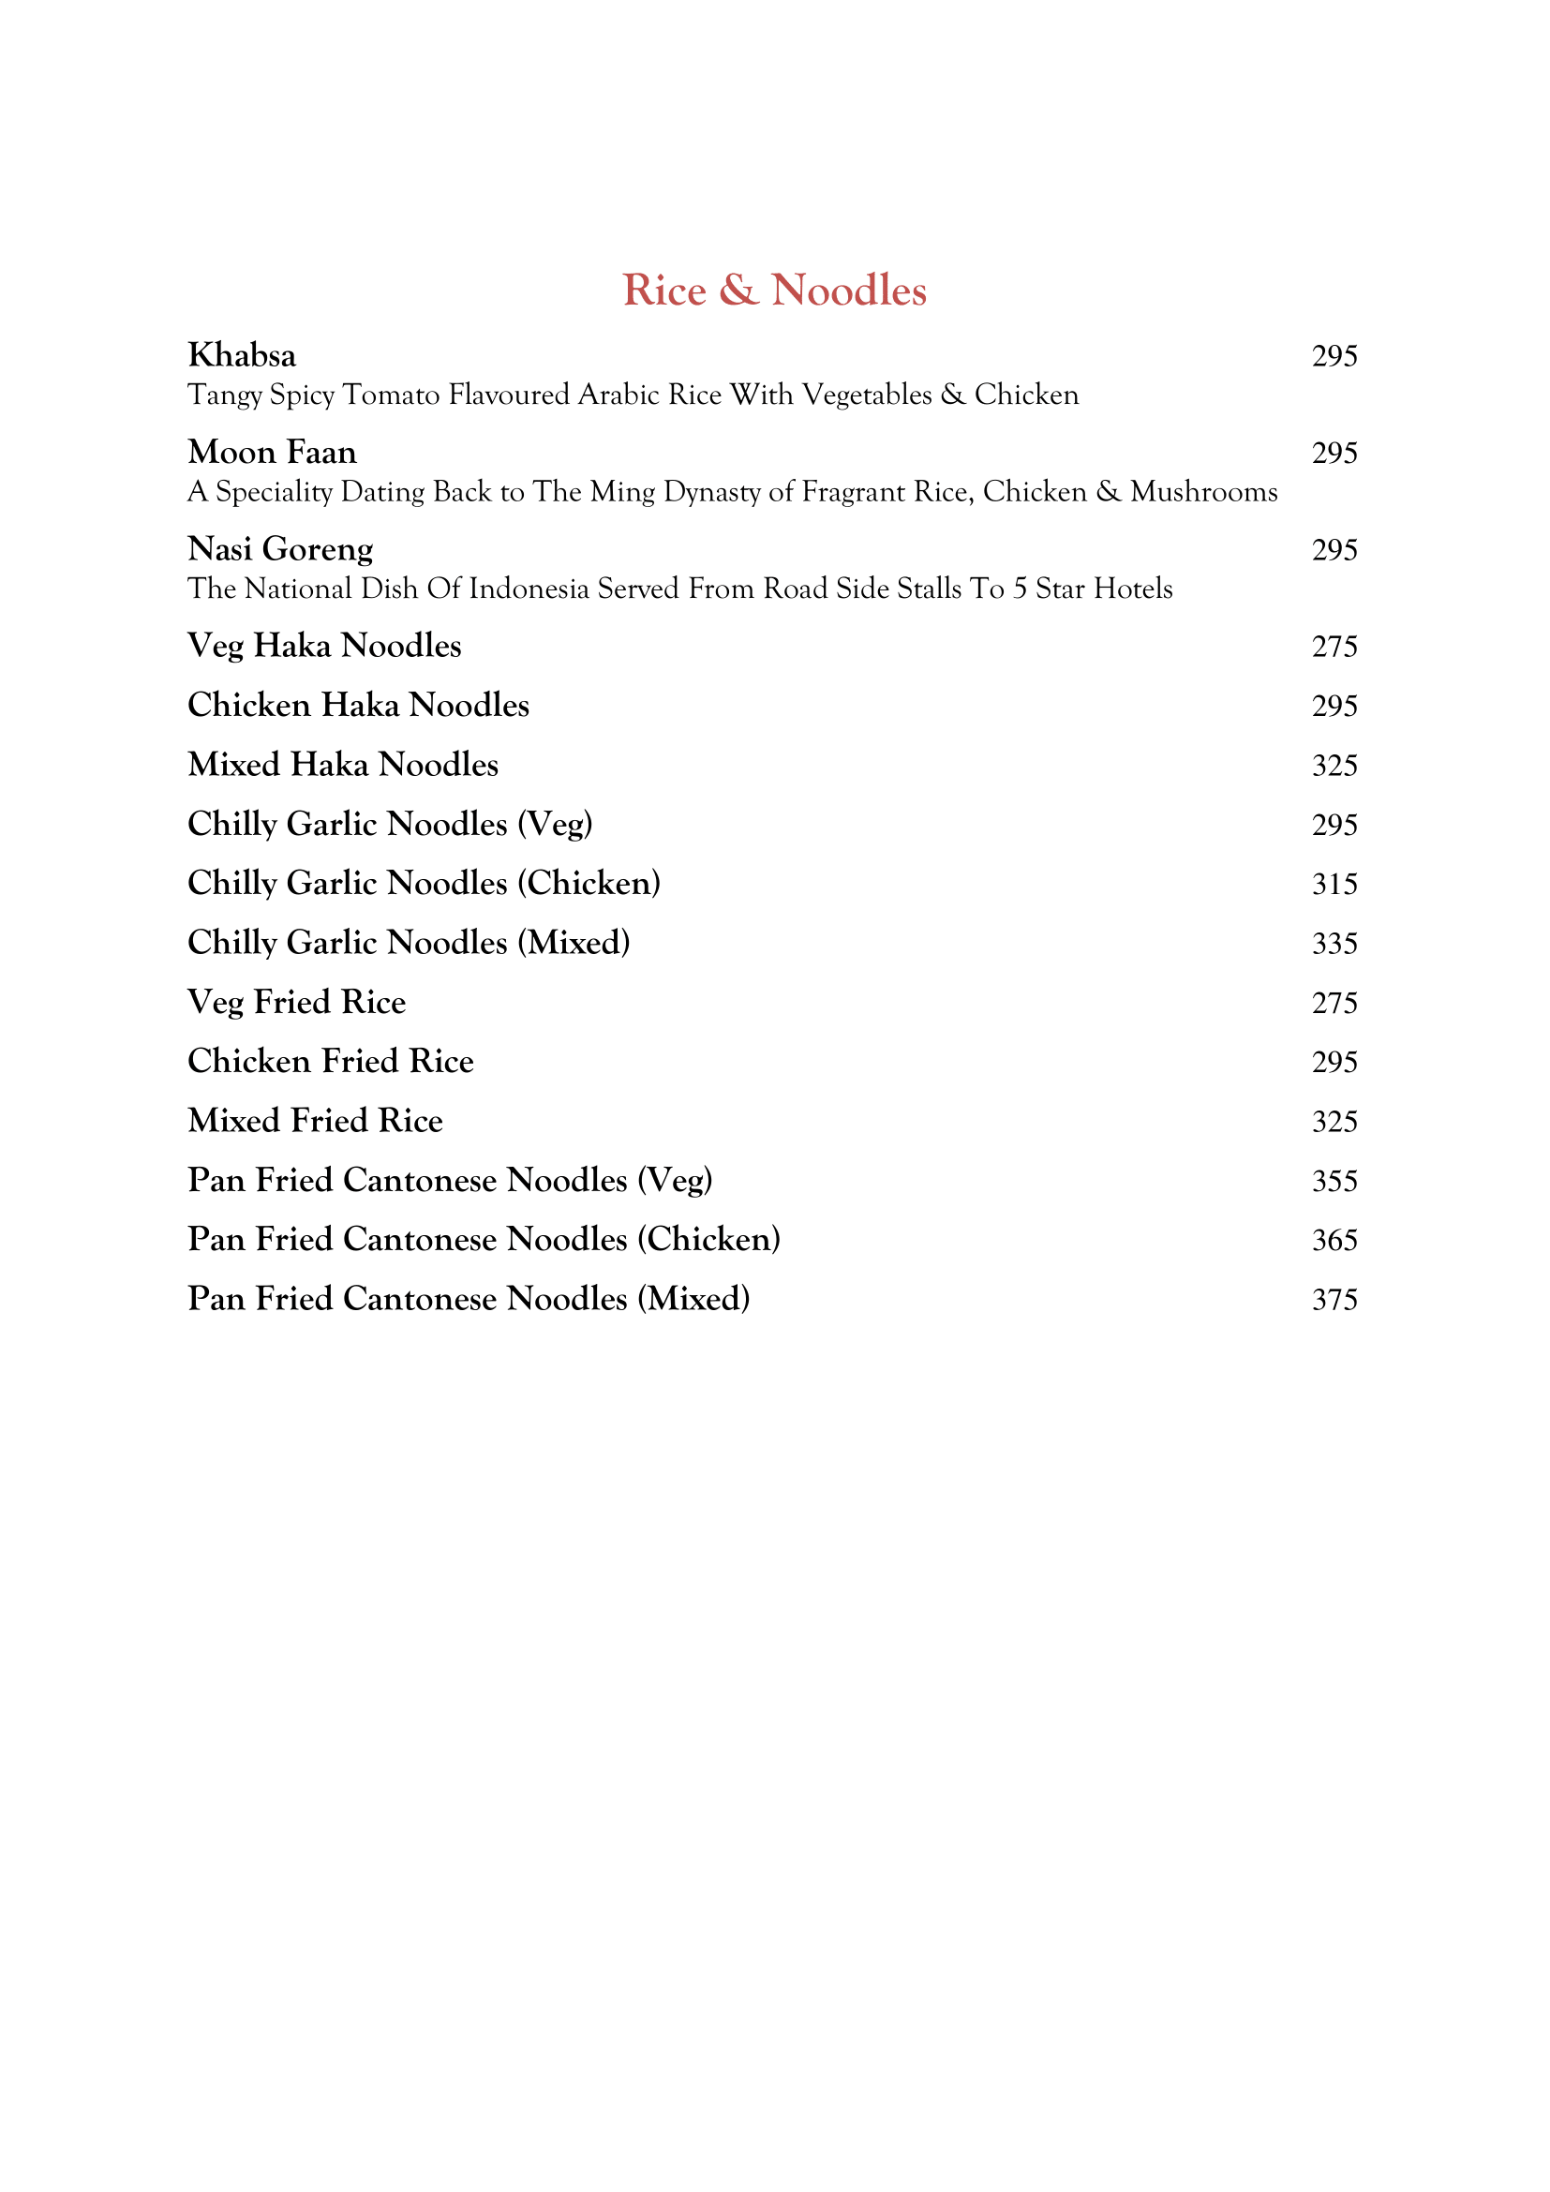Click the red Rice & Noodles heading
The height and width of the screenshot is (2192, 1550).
point(774,291)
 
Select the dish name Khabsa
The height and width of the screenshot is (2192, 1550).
point(242,355)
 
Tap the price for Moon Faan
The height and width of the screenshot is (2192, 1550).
point(1334,453)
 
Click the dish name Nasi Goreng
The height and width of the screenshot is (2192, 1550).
point(280,549)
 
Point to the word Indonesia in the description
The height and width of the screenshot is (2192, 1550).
point(529,589)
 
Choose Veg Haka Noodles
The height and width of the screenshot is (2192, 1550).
point(324,647)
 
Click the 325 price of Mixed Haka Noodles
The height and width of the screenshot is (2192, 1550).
point(1334,766)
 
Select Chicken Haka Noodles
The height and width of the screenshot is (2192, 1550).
point(358,706)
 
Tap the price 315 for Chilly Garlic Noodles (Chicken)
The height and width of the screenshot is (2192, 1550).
point(1334,884)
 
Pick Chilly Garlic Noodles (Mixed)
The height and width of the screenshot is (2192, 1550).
point(409,944)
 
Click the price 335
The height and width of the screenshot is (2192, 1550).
point(1334,944)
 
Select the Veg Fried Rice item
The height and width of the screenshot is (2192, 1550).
point(297,1003)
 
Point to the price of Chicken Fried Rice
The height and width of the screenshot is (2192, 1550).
point(1334,1062)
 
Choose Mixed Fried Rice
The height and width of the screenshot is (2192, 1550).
point(315,1121)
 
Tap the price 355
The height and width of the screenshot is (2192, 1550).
point(1334,1181)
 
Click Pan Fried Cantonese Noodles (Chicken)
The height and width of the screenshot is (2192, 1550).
point(484,1239)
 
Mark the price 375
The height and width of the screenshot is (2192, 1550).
point(1334,1299)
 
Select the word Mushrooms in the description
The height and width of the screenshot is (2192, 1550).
point(1203,493)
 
